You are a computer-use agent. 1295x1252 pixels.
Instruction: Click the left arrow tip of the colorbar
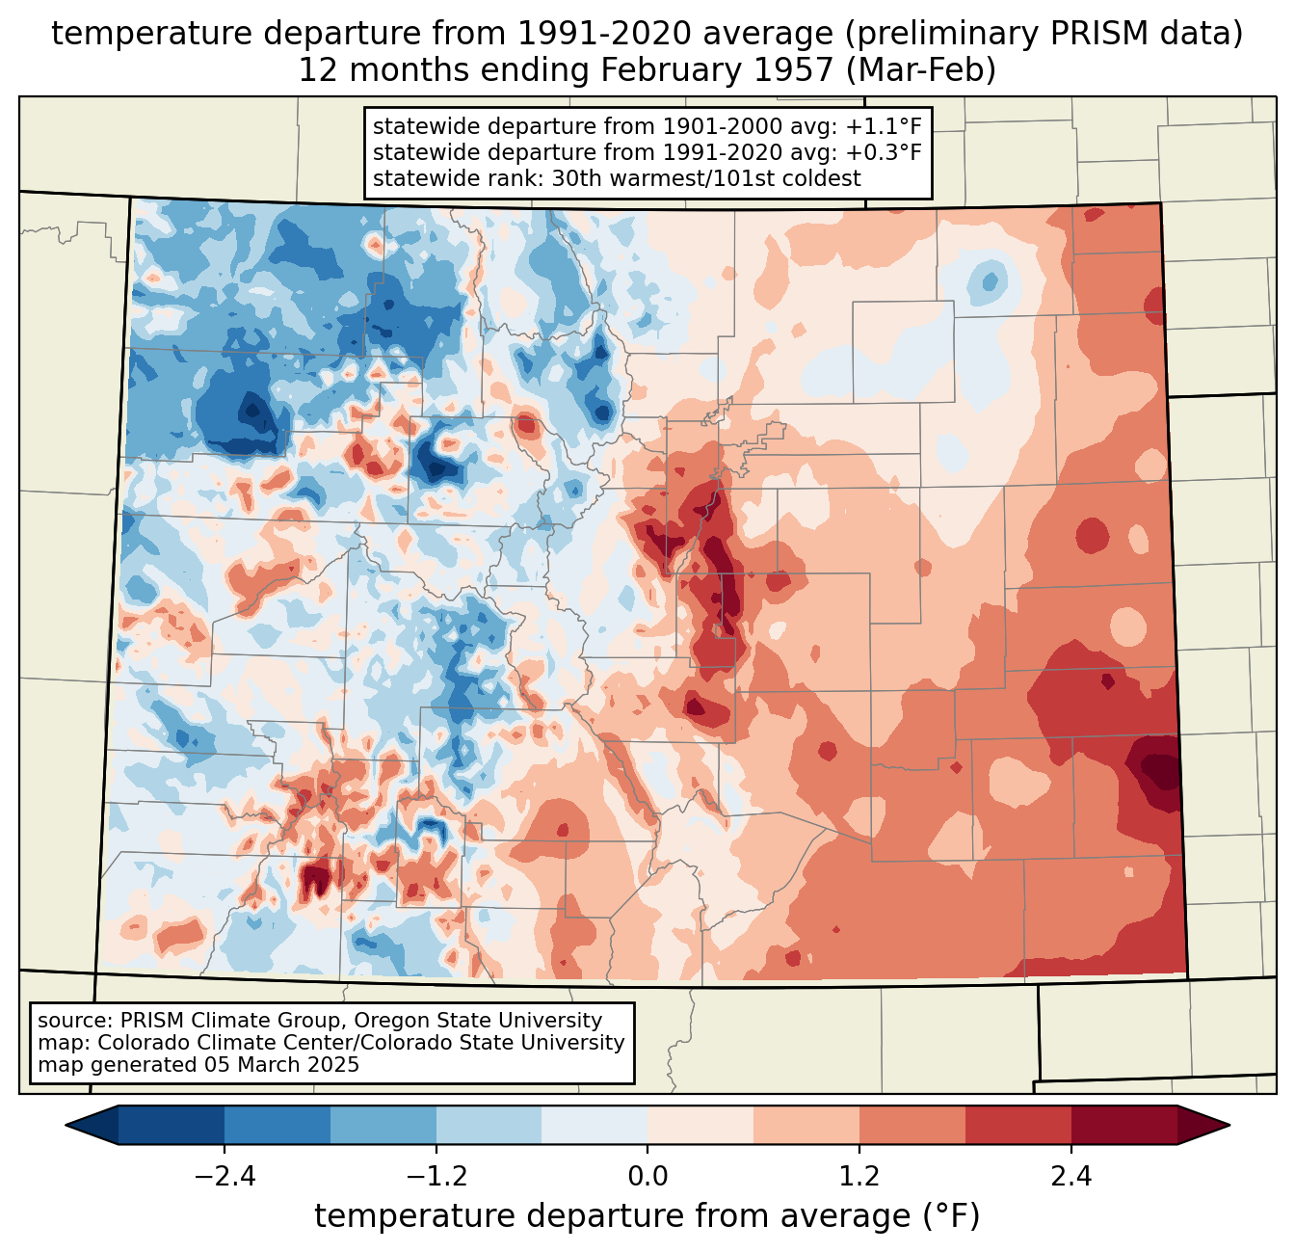coord(66,1126)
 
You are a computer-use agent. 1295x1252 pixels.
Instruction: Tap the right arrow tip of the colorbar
coord(1229,1126)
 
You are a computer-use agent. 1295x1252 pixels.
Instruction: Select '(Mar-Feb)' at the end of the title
coord(921,70)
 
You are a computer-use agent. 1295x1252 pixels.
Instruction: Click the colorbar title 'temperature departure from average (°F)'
coord(647,1216)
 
